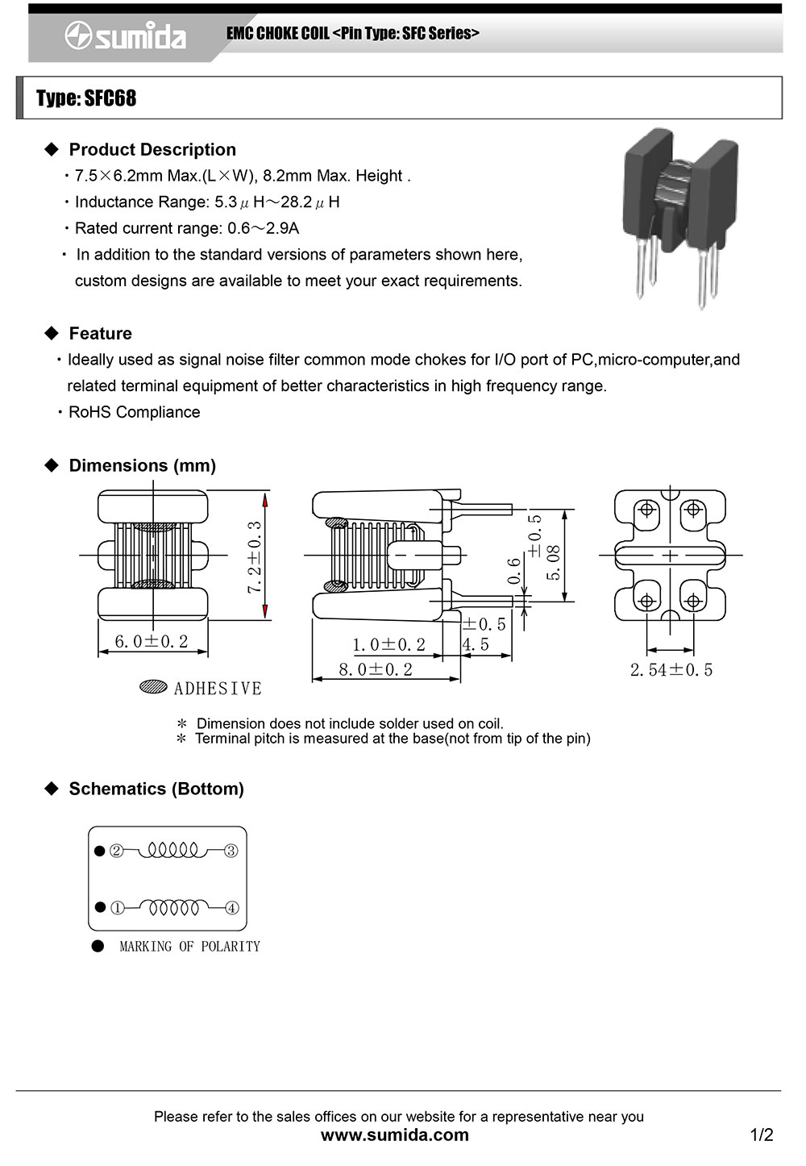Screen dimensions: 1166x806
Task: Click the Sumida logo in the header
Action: tap(126, 36)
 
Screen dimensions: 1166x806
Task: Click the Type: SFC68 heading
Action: tap(86, 98)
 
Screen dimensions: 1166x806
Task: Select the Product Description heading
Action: tap(152, 149)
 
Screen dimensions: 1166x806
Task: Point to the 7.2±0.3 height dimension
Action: tap(255, 558)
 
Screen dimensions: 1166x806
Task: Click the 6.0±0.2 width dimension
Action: tap(151, 641)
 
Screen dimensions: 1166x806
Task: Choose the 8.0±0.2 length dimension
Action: tap(376, 669)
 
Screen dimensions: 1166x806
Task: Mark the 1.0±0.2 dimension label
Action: tap(388, 644)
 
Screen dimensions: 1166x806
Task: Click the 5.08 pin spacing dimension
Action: tap(554, 562)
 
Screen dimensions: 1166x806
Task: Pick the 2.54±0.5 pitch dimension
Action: tap(671, 669)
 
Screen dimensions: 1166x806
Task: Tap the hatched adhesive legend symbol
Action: tap(153, 687)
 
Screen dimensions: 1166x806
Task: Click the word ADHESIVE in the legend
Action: tap(218, 688)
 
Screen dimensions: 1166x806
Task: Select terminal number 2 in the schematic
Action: tap(117, 851)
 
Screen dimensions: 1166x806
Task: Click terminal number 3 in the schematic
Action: tap(231, 851)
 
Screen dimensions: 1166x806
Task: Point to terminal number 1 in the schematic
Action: tap(117, 908)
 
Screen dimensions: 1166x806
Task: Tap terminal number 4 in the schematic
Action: tap(232, 908)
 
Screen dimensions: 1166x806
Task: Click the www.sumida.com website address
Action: tap(394, 1135)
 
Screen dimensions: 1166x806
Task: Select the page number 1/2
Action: tap(761, 1135)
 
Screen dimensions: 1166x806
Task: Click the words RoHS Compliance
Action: tap(134, 412)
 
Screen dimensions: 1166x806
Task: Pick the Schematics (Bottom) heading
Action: tap(156, 789)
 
